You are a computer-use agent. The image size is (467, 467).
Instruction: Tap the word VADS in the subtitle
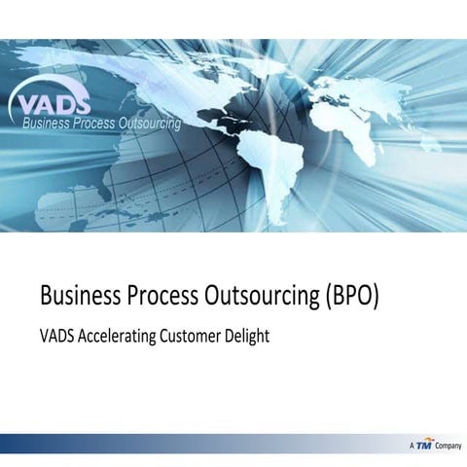(x=54, y=337)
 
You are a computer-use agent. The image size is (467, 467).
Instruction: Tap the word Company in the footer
(x=448, y=445)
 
